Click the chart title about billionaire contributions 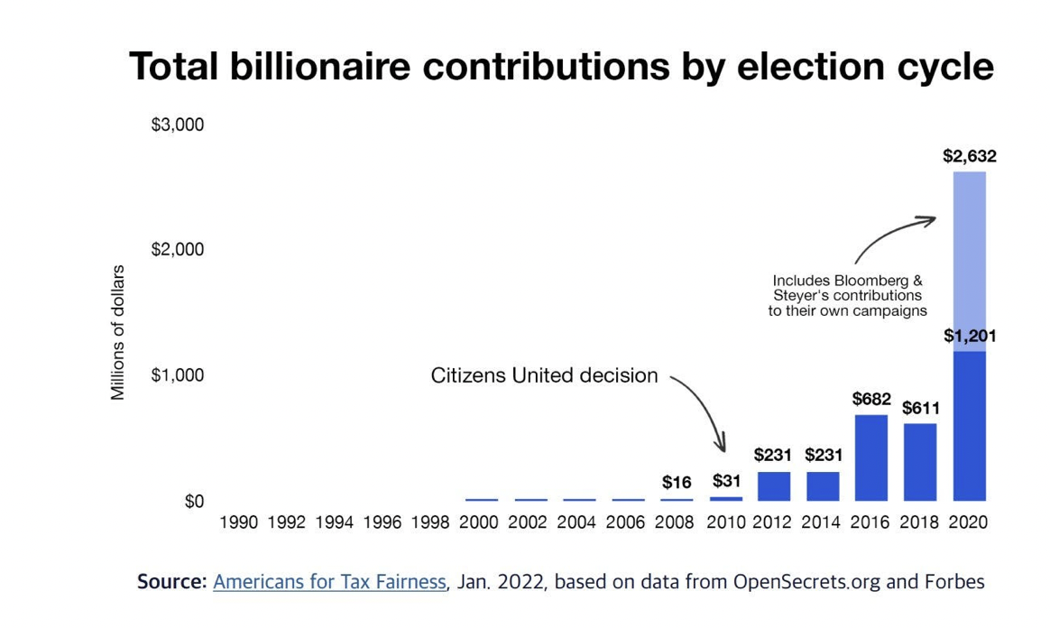point(561,67)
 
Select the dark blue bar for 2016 point(871,457)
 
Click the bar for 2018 point(920,461)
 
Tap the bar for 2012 point(774,485)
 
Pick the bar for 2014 point(823,485)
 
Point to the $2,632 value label point(969,156)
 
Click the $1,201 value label point(969,336)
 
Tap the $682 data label point(871,399)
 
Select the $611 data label point(920,408)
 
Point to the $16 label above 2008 point(677,483)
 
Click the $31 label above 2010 point(725,481)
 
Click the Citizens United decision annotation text point(544,375)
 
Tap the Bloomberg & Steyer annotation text point(847,296)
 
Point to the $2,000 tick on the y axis point(177,249)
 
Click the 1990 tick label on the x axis point(239,522)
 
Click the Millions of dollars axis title point(118,333)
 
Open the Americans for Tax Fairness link point(329,582)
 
